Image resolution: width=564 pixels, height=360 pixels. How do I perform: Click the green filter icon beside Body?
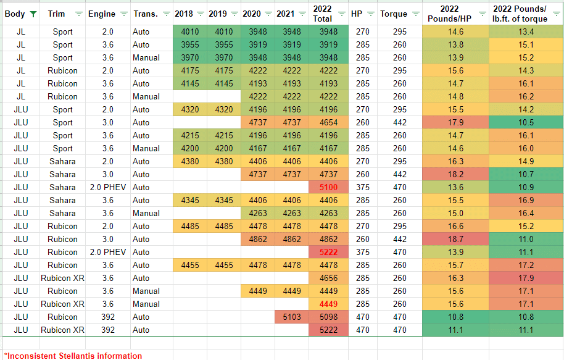pyautogui.click(x=33, y=14)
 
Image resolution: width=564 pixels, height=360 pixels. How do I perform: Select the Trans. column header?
pyautogui.click(x=146, y=14)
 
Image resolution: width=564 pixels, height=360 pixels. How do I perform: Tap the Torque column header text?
pyautogui.click(x=394, y=14)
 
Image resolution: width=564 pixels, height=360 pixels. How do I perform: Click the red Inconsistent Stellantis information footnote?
pyautogui.click(x=73, y=356)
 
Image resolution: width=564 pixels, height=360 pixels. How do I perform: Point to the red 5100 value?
pyautogui.click(x=328, y=187)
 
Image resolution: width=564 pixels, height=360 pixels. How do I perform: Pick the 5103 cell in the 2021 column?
pyautogui.click(x=292, y=317)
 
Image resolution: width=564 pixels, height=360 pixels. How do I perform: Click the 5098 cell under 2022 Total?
pyautogui.click(x=328, y=317)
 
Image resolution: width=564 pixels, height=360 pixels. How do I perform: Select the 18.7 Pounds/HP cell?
pyautogui.click(x=455, y=239)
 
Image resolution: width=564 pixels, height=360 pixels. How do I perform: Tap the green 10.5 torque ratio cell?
pyautogui.click(x=526, y=122)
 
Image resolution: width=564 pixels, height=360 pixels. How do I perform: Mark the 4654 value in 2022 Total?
pyautogui.click(x=328, y=122)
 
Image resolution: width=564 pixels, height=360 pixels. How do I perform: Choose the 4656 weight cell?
pyautogui.click(x=328, y=278)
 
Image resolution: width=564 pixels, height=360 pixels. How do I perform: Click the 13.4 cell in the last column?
pyautogui.click(x=526, y=31)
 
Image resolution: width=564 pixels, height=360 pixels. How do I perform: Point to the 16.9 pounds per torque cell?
pyautogui.click(x=526, y=200)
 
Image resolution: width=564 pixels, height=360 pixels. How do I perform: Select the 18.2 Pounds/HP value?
pyautogui.click(x=455, y=174)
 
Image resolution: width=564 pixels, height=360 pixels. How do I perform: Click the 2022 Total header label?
pyautogui.click(x=322, y=14)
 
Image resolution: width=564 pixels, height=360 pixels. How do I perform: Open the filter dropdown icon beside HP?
pyautogui.click(x=370, y=14)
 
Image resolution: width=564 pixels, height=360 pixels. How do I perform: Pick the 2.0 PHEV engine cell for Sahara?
pyautogui.click(x=108, y=187)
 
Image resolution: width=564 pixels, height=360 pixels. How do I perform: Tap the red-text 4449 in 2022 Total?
pyautogui.click(x=328, y=304)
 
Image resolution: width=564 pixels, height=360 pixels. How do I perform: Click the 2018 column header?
pyautogui.click(x=184, y=14)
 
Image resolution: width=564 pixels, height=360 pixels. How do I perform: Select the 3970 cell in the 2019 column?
pyautogui.click(x=224, y=57)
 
